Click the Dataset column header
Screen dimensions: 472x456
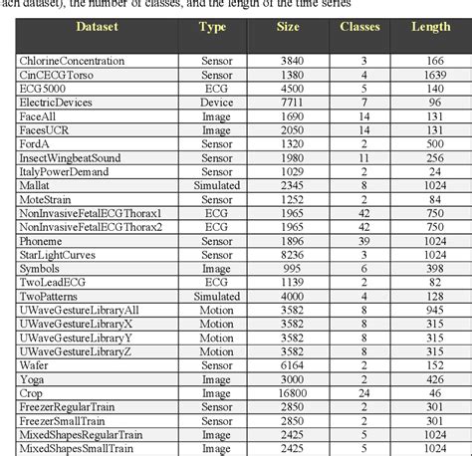[94, 26]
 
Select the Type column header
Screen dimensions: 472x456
[212, 26]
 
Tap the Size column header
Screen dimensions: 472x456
[288, 26]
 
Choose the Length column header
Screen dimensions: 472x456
[431, 26]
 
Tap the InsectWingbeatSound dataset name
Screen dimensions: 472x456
[73, 157]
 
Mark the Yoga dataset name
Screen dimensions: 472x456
[35, 379]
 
